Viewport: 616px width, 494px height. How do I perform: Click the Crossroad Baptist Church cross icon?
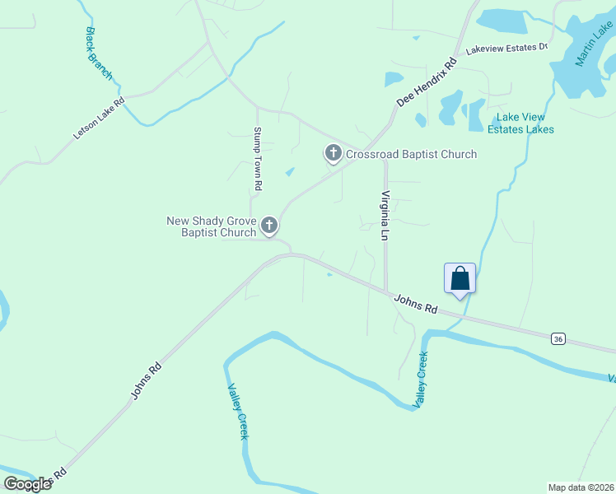pyautogui.click(x=333, y=153)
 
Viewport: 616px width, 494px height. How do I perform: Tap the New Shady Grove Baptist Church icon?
pyautogui.click(x=269, y=226)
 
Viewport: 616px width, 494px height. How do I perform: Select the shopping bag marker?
pyautogui.click(x=460, y=278)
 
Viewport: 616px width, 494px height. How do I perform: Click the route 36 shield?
pyautogui.click(x=558, y=338)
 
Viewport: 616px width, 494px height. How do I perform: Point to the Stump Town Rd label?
pyautogui.click(x=258, y=159)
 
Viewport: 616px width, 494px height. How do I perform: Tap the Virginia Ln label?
pyautogui.click(x=384, y=216)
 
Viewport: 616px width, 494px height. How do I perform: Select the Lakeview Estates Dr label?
pyautogui.click(x=506, y=49)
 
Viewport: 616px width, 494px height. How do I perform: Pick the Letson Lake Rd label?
pyautogui.click(x=98, y=119)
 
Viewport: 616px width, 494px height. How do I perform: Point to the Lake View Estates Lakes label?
pyautogui.click(x=520, y=123)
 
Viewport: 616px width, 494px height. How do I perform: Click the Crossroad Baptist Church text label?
pyautogui.click(x=411, y=154)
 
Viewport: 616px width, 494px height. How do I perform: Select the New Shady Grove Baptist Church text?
pyautogui.click(x=212, y=226)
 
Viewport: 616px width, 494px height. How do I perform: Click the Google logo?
pyautogui.click(x=27, y=483)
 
